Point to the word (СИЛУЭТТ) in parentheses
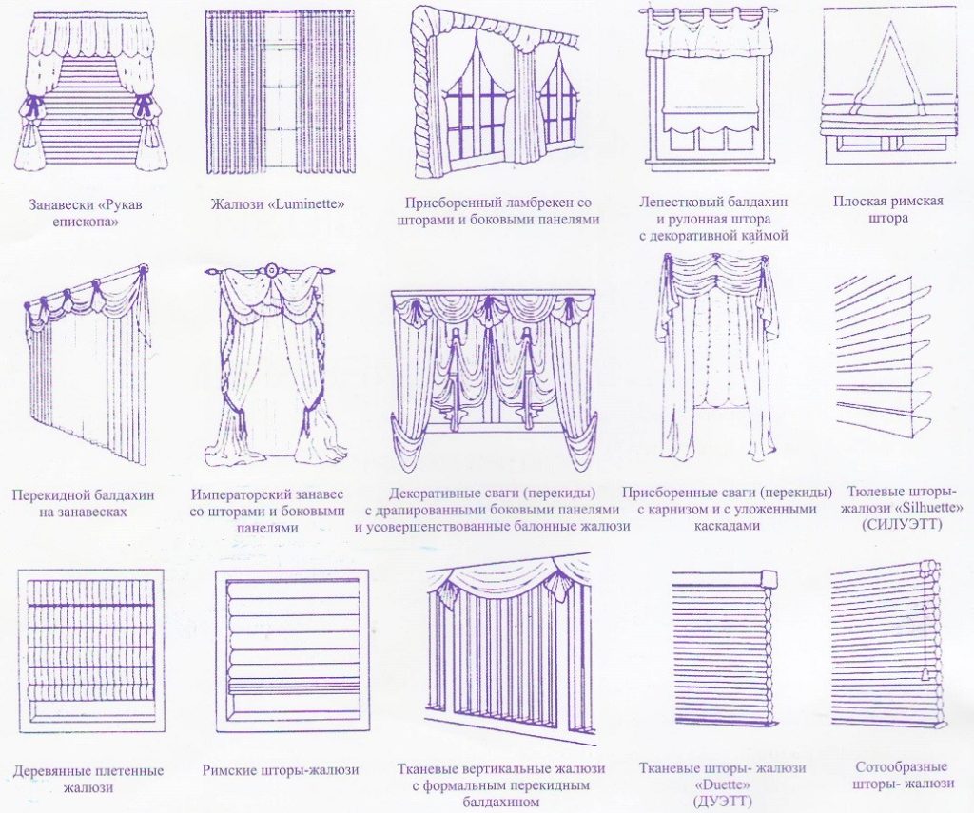[902, 525]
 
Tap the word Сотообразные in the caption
[902, 767]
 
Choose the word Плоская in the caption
[860, 201]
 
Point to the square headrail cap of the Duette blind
[769, 578]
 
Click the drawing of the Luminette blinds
[281, 92]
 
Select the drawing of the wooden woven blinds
[90, 650]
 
